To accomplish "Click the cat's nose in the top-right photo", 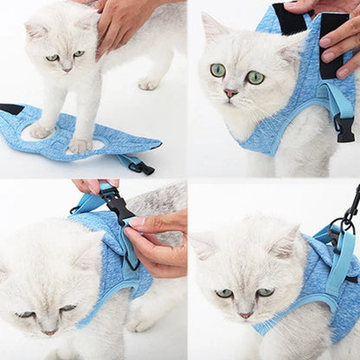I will pos(230,93).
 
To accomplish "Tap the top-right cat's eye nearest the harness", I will pos(254,77).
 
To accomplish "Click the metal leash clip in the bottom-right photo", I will pos(349,216).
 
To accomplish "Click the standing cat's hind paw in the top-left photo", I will pos(149,83).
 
